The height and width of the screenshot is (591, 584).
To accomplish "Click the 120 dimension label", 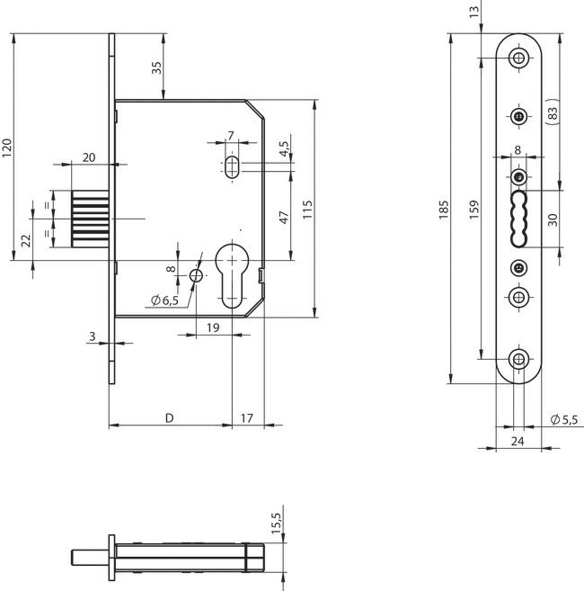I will pyautogui.click(x=8, y=148).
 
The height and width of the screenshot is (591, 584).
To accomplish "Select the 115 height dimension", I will pyautogui.click(x=307, y=209).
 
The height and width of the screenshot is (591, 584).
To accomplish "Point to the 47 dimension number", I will pyautogui.click(x=282, y=217).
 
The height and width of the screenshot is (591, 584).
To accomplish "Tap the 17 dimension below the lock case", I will pyautogui.click(x=248, y=418).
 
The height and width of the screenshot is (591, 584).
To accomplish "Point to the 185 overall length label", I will pyautogui.click(x=443, y=210).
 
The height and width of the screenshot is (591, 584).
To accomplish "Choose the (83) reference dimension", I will pyautogui.click(x=552, y=113).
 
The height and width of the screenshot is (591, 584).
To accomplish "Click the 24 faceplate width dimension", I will pyautogui.click(x=518, y=441).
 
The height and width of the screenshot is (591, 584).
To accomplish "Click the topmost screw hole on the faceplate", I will pyautogui.click(x=518, y=58).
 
